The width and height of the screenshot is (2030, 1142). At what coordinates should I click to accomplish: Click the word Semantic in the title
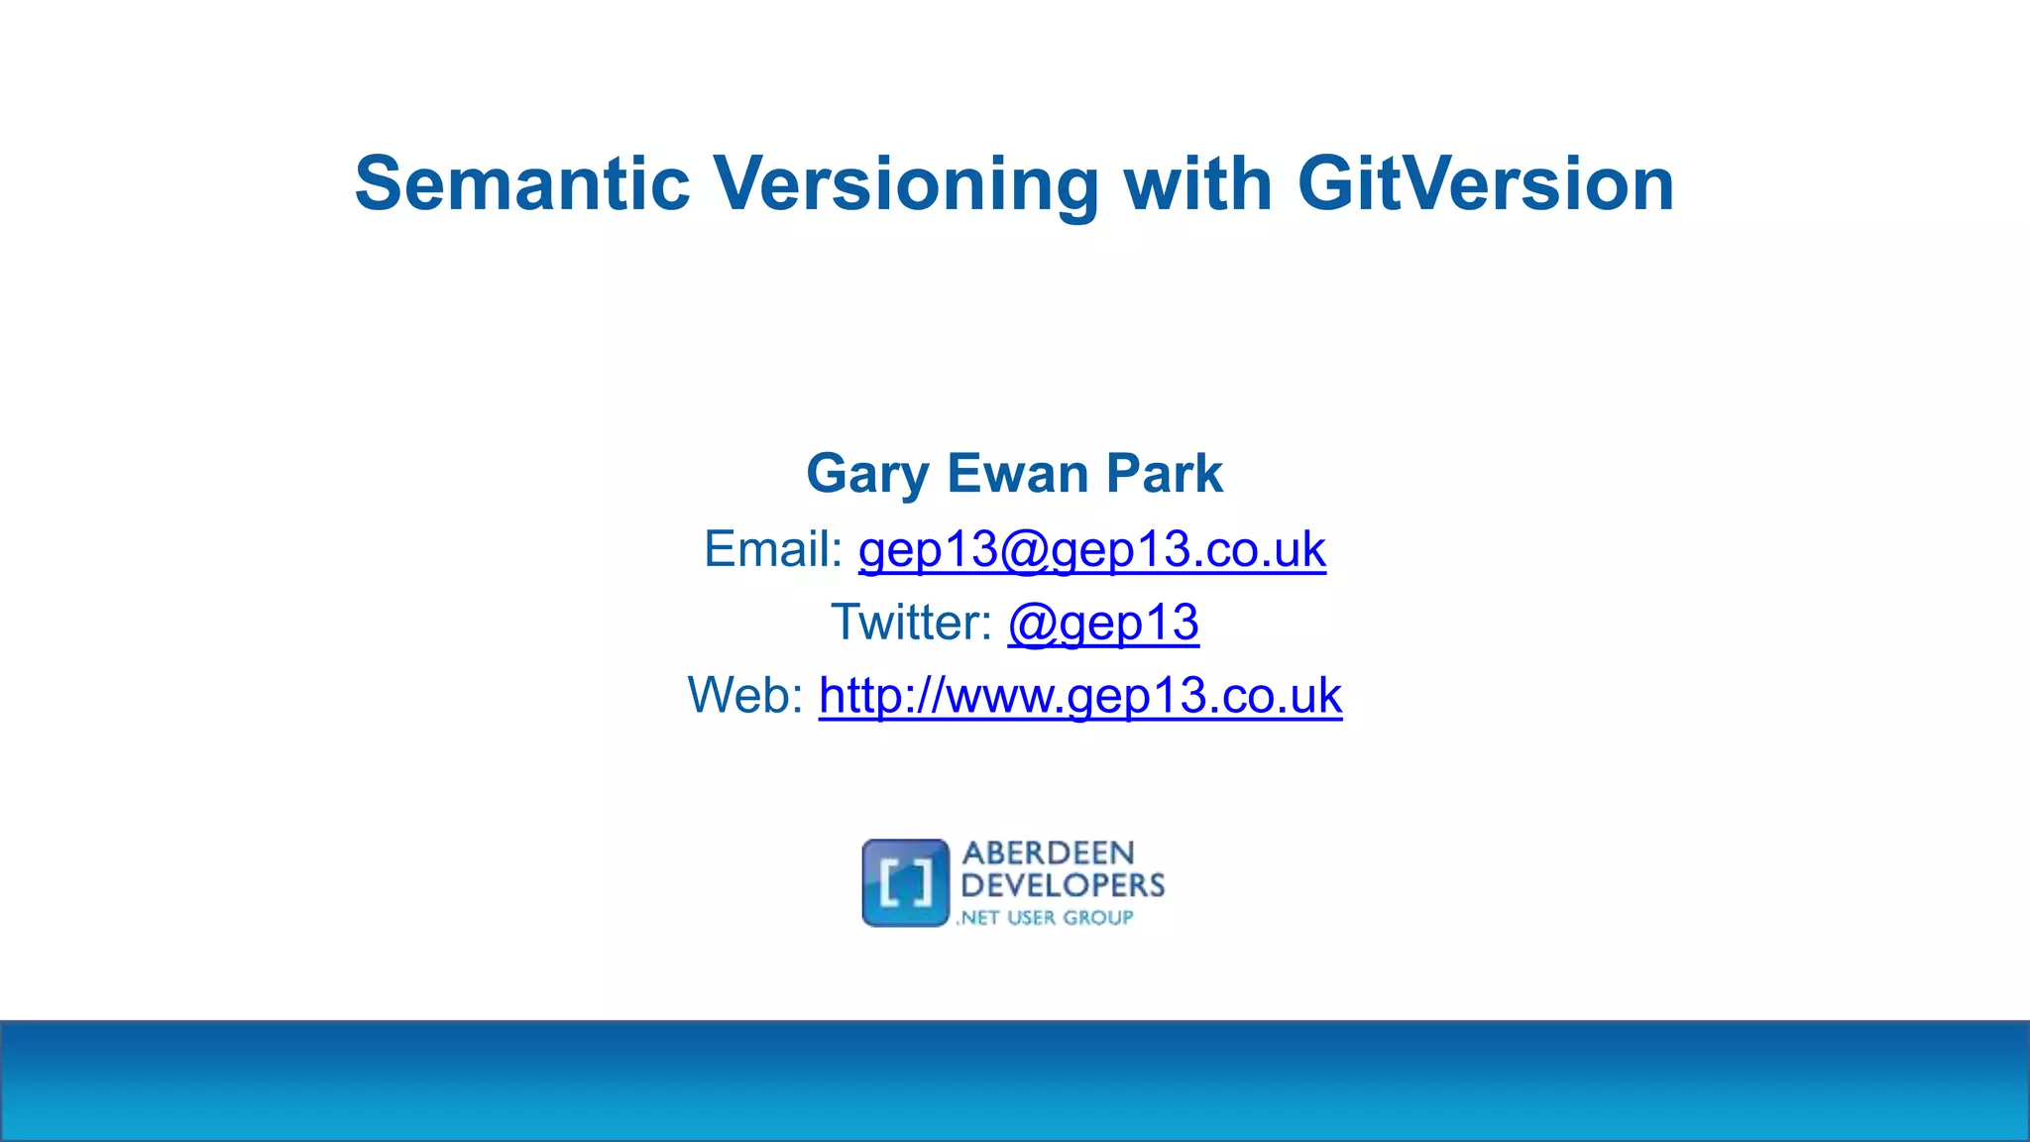521,184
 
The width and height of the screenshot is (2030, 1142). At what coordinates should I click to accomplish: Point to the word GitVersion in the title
1486,184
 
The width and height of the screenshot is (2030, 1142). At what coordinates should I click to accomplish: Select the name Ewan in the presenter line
1015,473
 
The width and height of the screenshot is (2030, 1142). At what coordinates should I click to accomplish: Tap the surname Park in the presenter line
1164,473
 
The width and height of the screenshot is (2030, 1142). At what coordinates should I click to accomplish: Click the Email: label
773,549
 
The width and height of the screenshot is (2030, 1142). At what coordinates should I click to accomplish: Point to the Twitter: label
911,623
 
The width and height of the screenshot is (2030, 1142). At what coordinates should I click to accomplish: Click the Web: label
745,695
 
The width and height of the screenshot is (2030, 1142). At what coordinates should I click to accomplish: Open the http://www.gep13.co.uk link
1079,696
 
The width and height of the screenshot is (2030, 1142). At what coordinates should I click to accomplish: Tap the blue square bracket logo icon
905,883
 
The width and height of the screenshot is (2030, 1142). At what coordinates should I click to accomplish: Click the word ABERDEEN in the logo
1048,854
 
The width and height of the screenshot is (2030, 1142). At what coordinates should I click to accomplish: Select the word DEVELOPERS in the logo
1063,885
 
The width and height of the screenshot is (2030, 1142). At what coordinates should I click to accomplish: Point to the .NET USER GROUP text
1045,918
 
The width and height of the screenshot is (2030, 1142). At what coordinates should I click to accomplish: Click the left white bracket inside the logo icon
888,884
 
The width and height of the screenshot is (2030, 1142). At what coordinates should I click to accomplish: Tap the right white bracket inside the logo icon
924,884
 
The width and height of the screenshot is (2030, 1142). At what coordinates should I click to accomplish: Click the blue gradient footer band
1015,1081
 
